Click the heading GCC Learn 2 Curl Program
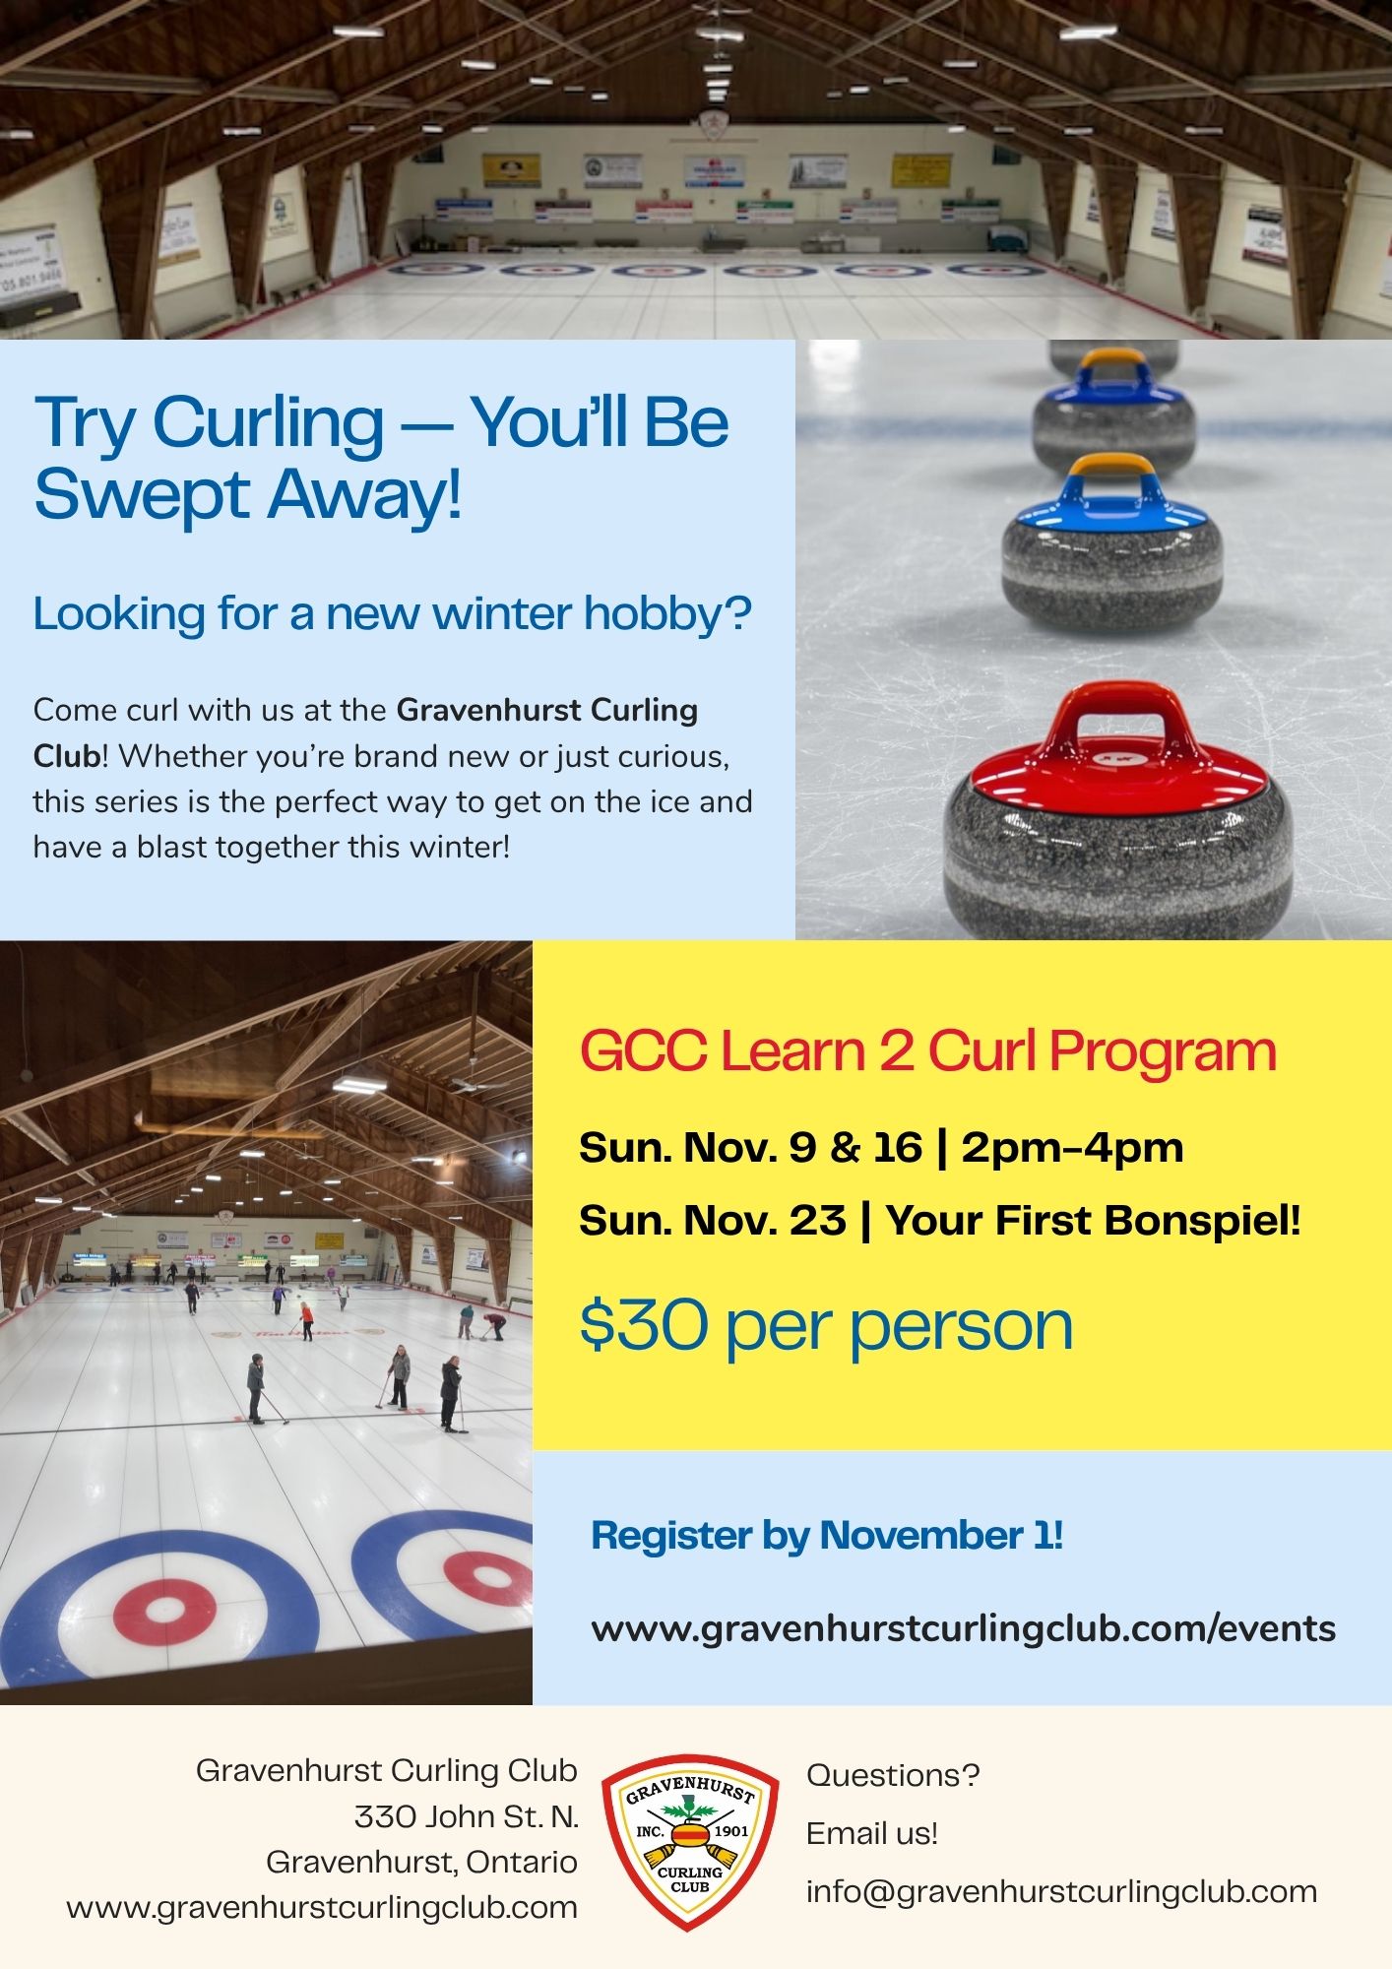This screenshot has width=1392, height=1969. pos(927,1051)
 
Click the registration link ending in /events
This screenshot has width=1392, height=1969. pos(963,1629)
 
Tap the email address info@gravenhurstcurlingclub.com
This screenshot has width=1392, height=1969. pos(1061,1891)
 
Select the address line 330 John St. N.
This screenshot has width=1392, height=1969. pos(467,1816)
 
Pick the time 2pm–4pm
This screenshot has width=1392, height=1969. pos(1072,1148)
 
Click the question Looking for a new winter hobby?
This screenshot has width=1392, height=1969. pos(392,613)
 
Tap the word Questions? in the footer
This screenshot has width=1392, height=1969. pos(893,1775)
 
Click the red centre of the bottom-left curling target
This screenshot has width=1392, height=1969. pos(165,1612)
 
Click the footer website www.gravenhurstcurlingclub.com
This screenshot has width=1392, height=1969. pos(322,1907)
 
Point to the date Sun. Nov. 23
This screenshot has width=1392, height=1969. pos(712,1221)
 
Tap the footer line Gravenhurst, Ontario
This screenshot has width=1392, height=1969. pos(421,1862)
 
